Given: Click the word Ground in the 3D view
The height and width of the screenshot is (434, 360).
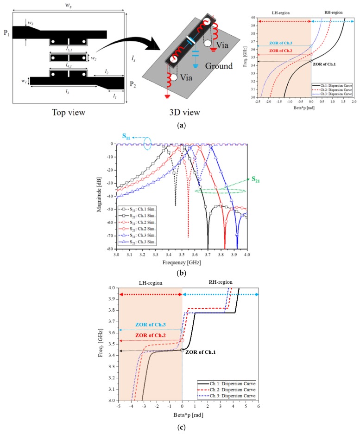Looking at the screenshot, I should point(217,66).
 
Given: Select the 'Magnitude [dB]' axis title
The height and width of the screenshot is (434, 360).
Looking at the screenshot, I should point(99,197).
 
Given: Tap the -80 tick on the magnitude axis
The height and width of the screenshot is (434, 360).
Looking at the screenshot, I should point(109,249).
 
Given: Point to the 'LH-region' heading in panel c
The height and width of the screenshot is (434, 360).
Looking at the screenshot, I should point(146,281).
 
